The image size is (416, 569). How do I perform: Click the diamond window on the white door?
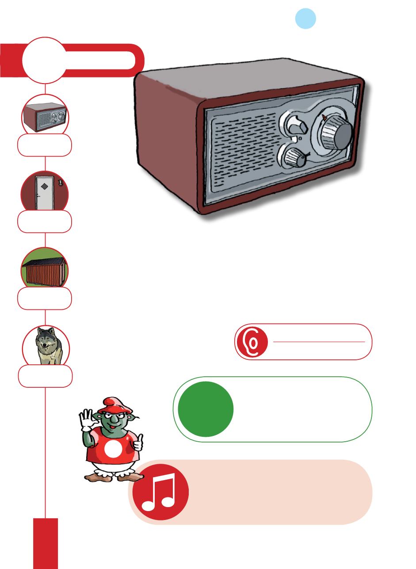pyautogui.click(x=44, y=186)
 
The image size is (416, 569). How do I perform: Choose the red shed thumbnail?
pyautogui.click(x=45, y=271)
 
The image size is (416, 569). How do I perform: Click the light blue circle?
pyautogui.click(x=305, y=19)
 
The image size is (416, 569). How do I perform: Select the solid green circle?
pyautogui.click(x=206, y=409)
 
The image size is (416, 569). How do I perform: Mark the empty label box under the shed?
pyautogui.click(x=45, y=298)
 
